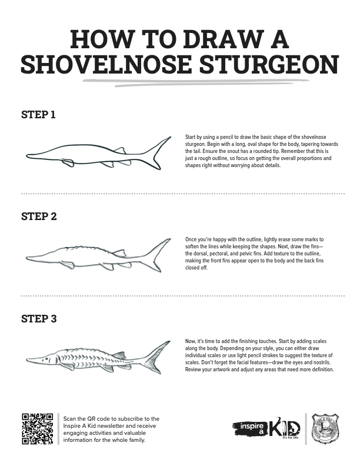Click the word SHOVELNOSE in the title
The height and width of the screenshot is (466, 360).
[x=106, y=64]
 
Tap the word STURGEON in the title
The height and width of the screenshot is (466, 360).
[x=269, y=64]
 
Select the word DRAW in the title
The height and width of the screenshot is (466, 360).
[x=224, y=39]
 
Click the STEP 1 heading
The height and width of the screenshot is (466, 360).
[x=38, y=114]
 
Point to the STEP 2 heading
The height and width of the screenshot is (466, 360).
[x=39, y=217]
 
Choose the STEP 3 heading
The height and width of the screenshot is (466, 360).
[x=39, y=318]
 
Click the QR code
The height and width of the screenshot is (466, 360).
[x=38, y=429]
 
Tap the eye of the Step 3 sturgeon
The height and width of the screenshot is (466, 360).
[x=46, y=359]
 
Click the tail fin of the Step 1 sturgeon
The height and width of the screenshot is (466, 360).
[x=157, y=154]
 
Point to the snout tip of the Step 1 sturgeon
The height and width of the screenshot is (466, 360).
[x=26, y=155]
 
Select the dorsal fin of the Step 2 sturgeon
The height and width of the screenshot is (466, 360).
[x=119, y=253]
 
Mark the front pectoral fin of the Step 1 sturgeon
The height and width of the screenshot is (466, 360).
[x=68, y=162]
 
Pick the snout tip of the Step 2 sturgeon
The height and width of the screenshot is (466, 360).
[x=26, y=258]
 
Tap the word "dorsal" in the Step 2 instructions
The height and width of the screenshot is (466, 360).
[x=201, y=254]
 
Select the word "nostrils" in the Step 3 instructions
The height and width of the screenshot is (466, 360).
[x=321, y=362]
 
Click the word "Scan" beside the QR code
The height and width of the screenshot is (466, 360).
[x=70, y=419]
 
